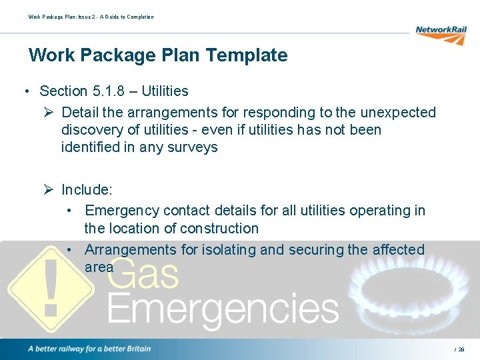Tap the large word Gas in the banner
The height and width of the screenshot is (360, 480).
[143, 274]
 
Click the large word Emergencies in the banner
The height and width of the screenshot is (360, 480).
[223, 309]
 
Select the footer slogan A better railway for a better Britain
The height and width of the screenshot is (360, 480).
[89, 349]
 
